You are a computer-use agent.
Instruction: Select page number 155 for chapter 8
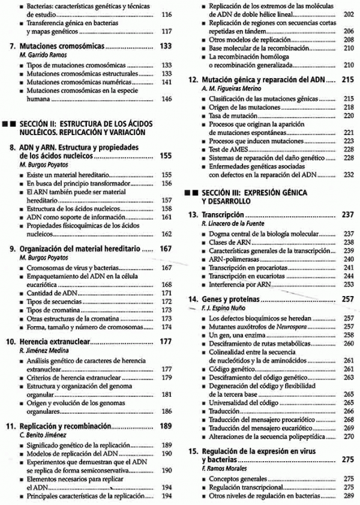(x=167, y=156)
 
